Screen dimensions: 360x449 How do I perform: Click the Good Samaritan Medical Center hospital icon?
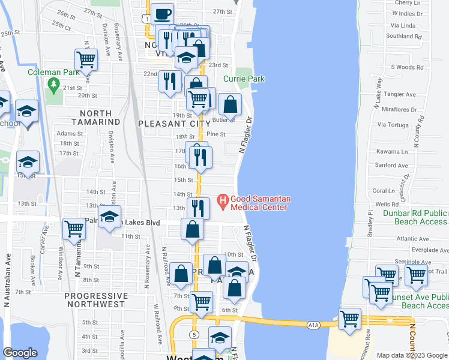coord(222,199)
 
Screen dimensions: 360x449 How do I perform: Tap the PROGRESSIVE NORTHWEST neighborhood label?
coord(96,301)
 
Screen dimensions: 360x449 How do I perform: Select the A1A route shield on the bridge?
coord(313,325)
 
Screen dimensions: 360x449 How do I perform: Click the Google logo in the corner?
coord(20,353)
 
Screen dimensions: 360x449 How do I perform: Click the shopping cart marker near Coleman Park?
coord(86,60)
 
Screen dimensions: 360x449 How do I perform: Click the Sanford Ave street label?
coord(390,165)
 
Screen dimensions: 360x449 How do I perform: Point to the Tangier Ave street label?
coord(400,94)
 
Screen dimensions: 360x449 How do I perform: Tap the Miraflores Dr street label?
coord(399,109)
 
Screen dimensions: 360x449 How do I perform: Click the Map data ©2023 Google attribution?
coord(412,355)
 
